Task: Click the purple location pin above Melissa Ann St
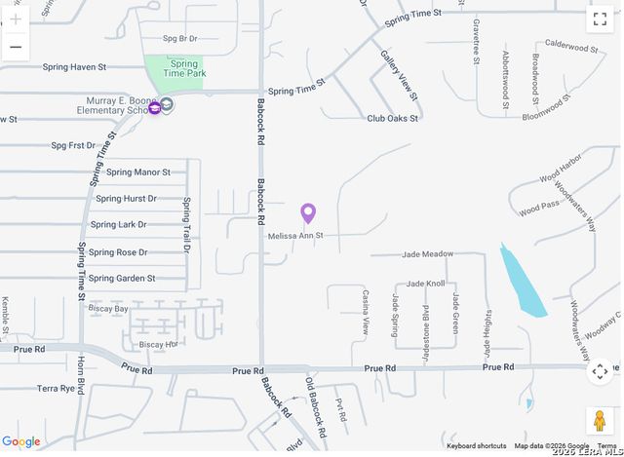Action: tap(308, 212)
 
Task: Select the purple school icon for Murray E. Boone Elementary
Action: tap(154, 107)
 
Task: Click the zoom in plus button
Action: tap(16, 19)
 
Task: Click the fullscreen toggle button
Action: tap(600, 19)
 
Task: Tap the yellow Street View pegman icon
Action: tap(600, 421)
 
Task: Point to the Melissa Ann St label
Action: tap(294, 236)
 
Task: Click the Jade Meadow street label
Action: tap(425, 254)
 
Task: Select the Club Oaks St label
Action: tap(392, 119)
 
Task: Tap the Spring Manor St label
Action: tap(137, 172)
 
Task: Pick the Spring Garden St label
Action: tap(122, 279)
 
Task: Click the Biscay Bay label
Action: tap(108, 309)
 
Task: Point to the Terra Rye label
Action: tap(56, 388)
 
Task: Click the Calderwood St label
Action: tap(571, 46)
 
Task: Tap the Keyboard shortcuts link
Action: tap(476, 446)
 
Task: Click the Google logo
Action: tap(21, 442)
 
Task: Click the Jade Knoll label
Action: tap(425, 284)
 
